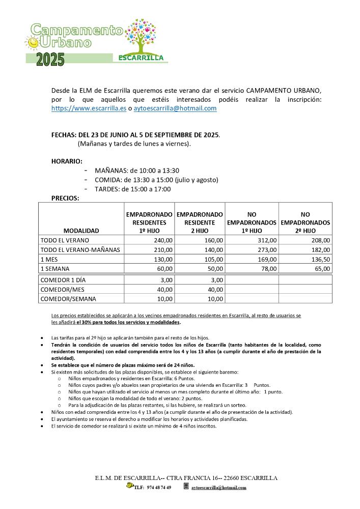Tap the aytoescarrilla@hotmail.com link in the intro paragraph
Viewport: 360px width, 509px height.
pos(175,108)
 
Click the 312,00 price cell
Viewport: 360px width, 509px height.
pos(266,240)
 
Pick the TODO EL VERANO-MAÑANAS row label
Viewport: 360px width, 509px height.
pos(79,249)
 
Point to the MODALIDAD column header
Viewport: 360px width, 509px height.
pos(81,231)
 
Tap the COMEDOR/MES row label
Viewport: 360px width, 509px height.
pos(62,289)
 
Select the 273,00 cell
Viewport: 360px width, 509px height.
pos(266,249)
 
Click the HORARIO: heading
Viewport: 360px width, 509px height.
pos(67,161)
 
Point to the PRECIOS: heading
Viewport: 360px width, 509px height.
pos(65,199)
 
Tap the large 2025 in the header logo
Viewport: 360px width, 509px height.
pos(50,60)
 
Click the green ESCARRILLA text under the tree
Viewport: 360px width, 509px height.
pos(141,58)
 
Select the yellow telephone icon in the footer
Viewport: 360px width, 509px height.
pos(130,486)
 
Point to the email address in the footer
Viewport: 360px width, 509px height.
pos(219,487)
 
